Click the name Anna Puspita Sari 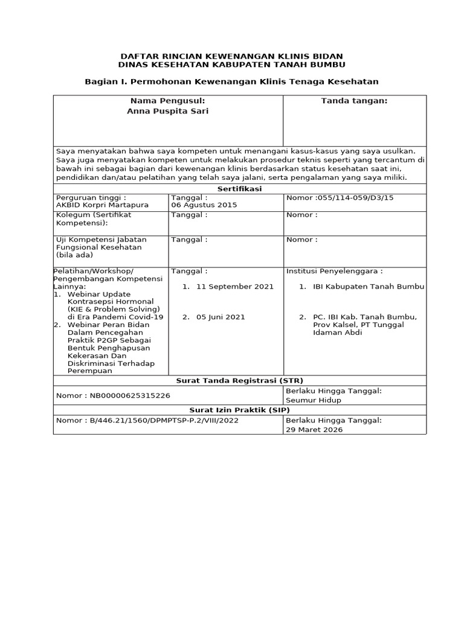coord(167,111)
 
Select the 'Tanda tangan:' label coord(354,101)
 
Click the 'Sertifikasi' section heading coord(239,189)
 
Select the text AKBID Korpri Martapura coord(102,205)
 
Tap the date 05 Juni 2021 coord(221,317)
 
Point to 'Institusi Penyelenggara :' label coord(334,271)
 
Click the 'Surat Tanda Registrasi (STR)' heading coord(239,380)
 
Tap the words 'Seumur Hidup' coord(314,400)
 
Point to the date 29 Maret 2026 coord(314,430)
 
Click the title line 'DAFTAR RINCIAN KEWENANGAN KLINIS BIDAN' coord(232,56)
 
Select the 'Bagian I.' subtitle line coord(232,81)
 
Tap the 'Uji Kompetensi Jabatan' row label coord(101,240)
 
